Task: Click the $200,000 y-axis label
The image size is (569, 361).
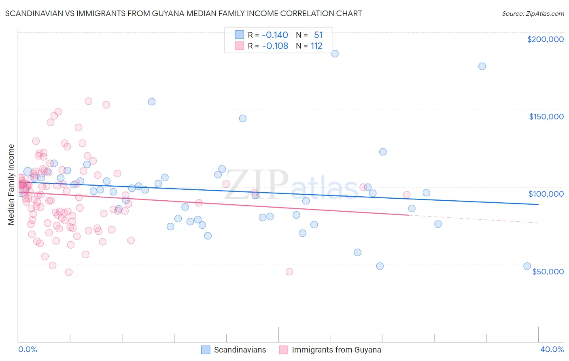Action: (545, 39)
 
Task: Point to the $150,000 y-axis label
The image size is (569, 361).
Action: (546, 117)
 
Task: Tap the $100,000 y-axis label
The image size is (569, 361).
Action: (546, 194)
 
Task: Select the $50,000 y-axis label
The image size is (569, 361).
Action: (548, 271)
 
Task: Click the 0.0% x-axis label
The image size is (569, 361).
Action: (28, 349)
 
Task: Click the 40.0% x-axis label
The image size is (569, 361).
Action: (552, 349)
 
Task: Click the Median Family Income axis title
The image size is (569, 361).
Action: (11, 184)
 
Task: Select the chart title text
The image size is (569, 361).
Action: (183, 13)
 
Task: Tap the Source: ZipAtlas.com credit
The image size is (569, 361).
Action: (533, 13)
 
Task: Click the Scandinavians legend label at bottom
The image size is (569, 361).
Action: (240, 350)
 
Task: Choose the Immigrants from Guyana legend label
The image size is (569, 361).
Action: (336, 350)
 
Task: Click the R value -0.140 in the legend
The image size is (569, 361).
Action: (275, 35)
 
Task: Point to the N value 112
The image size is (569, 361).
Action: (316, 46)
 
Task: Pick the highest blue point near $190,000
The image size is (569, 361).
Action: (335, 53)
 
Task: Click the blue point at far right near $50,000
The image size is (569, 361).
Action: (527, 266)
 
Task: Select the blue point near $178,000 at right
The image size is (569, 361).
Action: (482, 66)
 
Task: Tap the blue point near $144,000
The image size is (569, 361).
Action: (243, 118)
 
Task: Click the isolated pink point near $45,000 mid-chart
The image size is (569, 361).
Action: (289, 272)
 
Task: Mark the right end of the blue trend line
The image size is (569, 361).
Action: (538, 204)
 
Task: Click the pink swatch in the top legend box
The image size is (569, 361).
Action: (239, 46)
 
